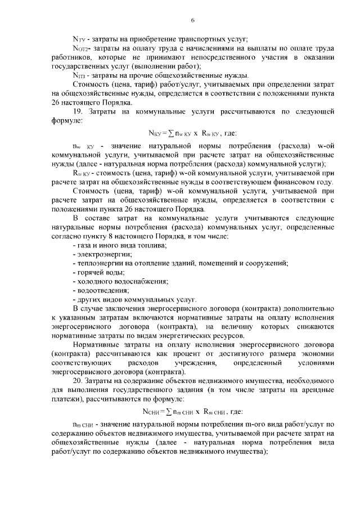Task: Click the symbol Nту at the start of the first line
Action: tap(79, 39)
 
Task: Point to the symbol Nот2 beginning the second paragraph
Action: tap(80, 49)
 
